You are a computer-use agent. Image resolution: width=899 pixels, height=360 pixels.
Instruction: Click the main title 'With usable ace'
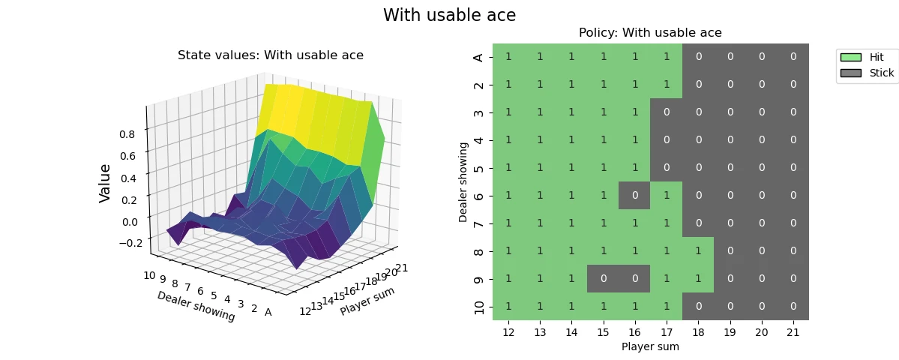[449, 15]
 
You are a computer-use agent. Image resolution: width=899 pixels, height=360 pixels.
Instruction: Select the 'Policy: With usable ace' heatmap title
[650, 33]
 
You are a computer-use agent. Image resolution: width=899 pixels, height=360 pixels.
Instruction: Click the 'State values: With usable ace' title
[270, 55]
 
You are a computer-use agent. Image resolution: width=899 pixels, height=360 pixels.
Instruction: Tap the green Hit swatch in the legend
[851, 57]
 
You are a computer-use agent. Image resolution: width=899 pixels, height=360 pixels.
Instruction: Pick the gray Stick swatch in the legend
[851, 73]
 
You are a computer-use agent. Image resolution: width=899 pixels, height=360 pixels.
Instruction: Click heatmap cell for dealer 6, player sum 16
[634, 196]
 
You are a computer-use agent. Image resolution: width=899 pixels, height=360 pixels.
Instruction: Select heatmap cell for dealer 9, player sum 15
[603, 279]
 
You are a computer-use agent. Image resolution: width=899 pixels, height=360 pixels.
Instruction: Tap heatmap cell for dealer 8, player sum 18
[698, 251]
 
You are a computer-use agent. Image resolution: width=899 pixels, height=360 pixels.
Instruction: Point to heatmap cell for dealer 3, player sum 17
[667, 112]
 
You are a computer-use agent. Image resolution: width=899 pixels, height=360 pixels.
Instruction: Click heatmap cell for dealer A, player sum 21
[793, 57]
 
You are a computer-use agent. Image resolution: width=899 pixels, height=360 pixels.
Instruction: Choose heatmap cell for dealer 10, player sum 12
[508, 307]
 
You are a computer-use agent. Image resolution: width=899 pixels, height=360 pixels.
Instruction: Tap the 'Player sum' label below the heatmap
[650, 347]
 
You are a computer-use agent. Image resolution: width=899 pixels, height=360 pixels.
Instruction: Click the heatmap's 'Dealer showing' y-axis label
[463, 181]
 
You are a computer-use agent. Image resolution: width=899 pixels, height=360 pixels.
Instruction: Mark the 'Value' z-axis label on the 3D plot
[105, 183]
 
